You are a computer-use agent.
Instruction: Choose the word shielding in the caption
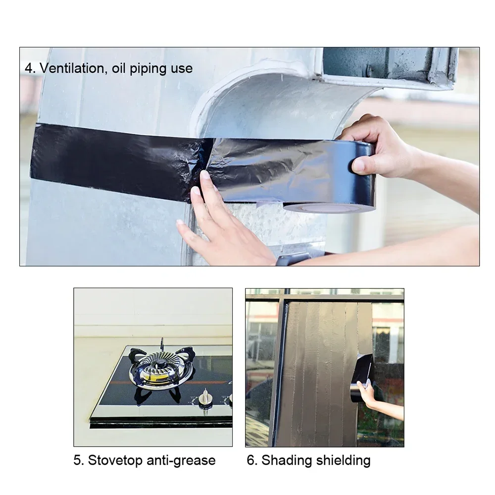(x=343, y=461)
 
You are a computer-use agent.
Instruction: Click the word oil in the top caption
(x=119, y=68)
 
